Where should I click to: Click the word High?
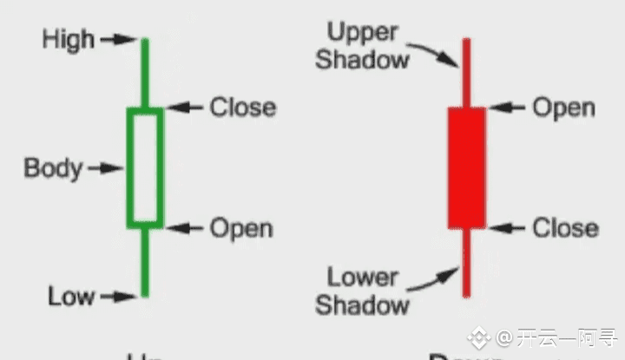coord(67,39)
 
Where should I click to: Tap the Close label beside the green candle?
coord(242,108)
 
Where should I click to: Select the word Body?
coord(53,167)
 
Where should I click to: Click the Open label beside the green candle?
coord(241,228)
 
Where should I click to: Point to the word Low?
coord(71,297)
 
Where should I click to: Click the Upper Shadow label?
coord(362,47)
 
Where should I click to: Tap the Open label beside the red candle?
coord(563,108)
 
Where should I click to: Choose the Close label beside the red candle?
coord(565,228)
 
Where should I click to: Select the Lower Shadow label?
coord(362,291)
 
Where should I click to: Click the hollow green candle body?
coord(145,167)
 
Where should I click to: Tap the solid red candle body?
coord(466,167)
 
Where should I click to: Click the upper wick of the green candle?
coord(145,74)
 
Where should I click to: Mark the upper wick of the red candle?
coord(466,74)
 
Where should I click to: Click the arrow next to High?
coord(118,39)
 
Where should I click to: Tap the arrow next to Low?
coord(118,297)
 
